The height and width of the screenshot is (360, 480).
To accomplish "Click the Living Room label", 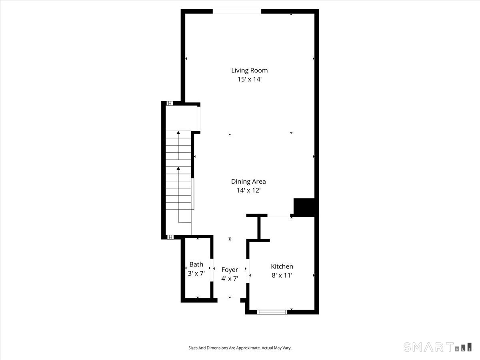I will [x=249, y=70].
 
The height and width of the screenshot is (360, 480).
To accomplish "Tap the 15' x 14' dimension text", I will [x=249, y=79].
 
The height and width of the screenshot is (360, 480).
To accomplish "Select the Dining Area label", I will [x=248, y=182].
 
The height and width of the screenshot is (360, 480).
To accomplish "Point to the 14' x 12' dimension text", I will [x=248, y=190].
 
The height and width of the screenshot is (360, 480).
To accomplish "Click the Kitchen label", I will [x=282, y=266].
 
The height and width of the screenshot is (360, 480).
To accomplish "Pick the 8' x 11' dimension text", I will [x=282, y=275].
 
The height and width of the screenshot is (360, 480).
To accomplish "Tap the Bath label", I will [x=196, y=264].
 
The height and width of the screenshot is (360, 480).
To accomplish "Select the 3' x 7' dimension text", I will [x=196, y=274].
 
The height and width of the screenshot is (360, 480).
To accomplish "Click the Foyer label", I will [x=230, y=270].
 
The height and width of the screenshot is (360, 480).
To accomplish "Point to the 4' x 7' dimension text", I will [x=230, y=278].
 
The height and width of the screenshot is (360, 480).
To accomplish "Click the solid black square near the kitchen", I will [x=305, y=207].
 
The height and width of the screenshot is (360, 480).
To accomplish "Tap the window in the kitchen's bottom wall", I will [x=272, y=312].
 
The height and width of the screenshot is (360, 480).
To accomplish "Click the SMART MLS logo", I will [x=437, y=347].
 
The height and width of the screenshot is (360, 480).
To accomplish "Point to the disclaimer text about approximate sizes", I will [x=240, y=348].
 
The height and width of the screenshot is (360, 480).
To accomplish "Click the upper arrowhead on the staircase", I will [x=178, y=132].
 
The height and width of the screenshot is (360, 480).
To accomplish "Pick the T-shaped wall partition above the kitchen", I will [x=259, y=228].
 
